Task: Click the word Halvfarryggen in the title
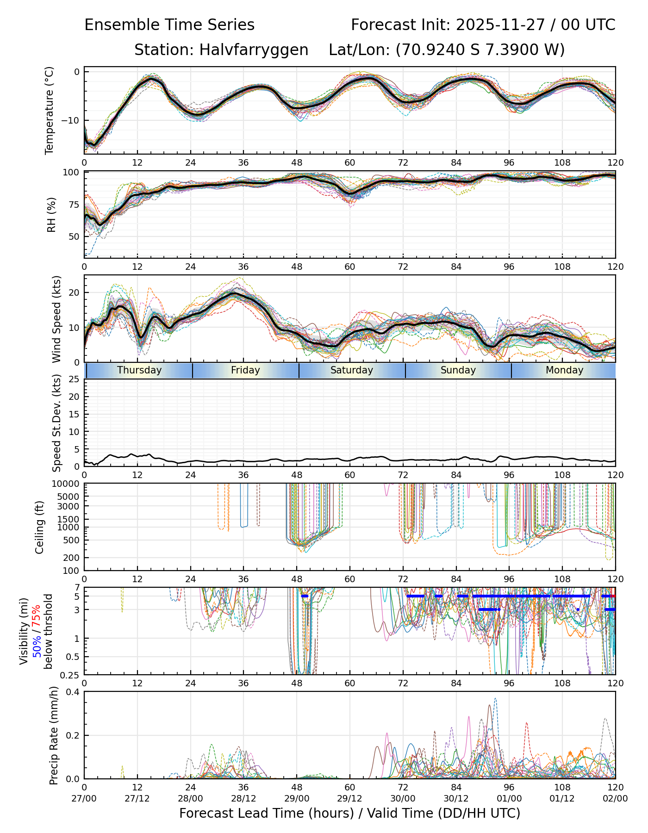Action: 254,50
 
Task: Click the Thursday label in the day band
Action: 139,370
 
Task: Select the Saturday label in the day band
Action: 352,370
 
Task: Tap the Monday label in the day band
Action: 564,370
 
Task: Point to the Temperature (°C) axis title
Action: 50,110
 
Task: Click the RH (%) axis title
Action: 51,215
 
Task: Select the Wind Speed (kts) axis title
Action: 56,319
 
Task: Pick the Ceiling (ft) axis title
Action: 40,527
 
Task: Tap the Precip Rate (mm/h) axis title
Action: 54,734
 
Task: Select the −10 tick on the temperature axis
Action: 70,120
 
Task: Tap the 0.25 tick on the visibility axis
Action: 69,675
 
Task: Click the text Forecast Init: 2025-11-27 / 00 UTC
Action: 483,25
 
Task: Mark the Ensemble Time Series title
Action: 169,25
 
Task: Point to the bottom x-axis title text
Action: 349,813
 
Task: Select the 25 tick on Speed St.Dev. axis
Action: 73,379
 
